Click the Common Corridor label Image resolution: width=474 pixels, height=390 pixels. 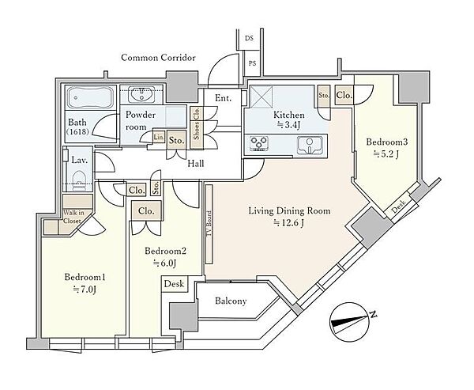[158, 58]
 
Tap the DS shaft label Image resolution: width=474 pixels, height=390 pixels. [249, 39]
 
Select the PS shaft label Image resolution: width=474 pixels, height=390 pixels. [252, 63]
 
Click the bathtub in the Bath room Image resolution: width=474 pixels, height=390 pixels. [91, 98]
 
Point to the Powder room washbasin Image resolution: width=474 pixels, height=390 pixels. [141, 94]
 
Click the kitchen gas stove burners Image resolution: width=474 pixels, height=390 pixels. [259, 143]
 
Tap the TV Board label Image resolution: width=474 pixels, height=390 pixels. [209, 225]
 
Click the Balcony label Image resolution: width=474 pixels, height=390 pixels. [231, 301]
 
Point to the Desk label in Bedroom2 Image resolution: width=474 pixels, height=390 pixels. [174, 284]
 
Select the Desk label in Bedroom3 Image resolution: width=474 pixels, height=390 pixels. [398, 207]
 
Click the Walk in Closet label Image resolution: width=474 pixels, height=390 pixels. [72, 217]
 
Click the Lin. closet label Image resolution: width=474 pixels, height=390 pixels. [159, 137]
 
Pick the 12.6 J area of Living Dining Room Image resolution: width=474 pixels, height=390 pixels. [289, 223]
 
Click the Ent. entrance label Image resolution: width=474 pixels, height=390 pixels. [223, 98]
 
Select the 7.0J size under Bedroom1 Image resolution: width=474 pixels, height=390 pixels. [85, 290]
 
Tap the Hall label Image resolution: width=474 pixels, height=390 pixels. [196, 164]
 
